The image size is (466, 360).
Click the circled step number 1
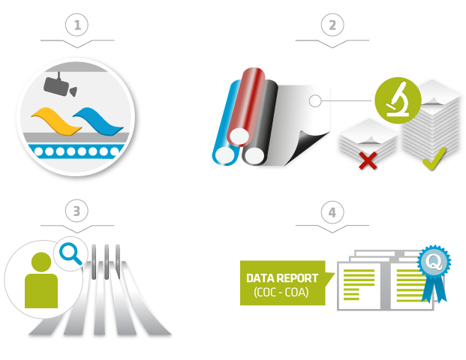77,25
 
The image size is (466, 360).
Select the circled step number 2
332,25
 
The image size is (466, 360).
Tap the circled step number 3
77,211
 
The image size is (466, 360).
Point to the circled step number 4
332,212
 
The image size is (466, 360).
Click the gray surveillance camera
60,86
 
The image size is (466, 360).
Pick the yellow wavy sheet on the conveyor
56,121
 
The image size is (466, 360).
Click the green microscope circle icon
398,100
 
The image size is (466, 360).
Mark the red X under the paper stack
368,160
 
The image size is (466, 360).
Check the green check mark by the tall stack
434,159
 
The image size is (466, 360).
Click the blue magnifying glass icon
71,253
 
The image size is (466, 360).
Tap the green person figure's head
41,262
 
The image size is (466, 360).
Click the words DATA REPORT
282,278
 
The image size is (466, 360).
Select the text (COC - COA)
281,292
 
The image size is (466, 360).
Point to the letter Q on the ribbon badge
434,262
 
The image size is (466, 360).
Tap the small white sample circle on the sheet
315,101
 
